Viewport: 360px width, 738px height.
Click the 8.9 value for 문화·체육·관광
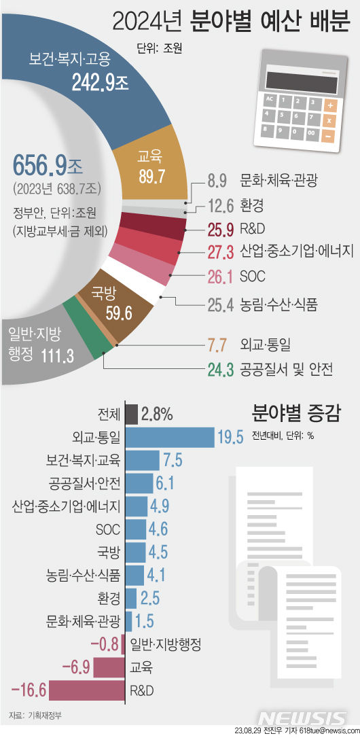(216, 181)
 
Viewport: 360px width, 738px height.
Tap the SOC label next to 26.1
(252, 277)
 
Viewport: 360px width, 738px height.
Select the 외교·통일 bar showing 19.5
(169, 436)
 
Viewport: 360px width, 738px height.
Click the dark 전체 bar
(132, 414)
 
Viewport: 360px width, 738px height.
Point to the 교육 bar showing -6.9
(109, 667)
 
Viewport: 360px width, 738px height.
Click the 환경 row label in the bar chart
(109, 599)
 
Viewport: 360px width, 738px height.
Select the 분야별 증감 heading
(295, 412)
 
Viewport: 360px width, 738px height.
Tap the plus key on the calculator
(330, 105)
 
